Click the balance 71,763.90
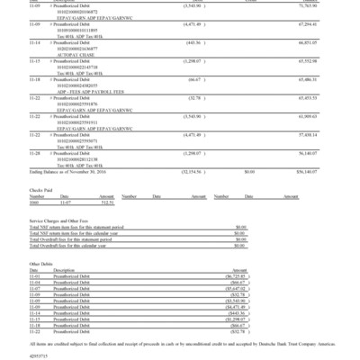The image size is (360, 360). [x=334, y=18]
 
